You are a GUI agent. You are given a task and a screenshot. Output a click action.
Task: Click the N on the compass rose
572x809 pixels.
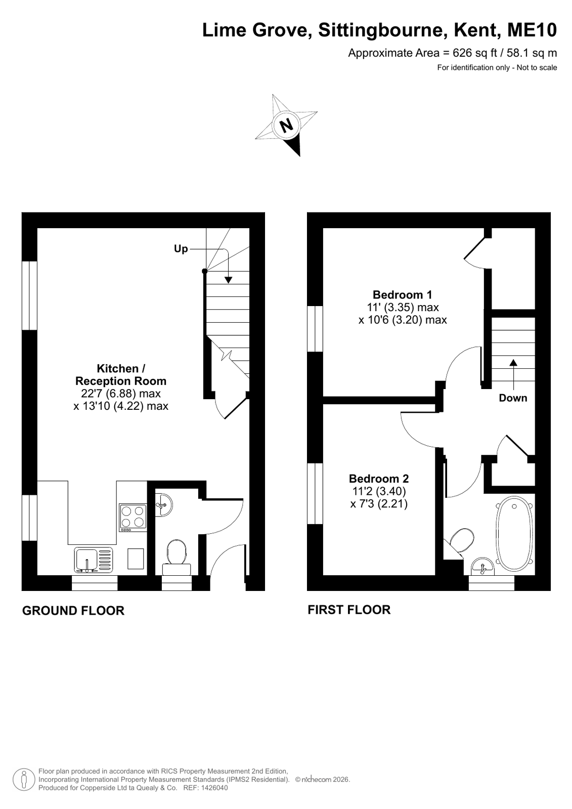point(287,125)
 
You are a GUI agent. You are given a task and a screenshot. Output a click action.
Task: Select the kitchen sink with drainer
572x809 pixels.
point(94,560)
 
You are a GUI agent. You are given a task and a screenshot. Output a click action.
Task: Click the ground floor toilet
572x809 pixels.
point(177,557)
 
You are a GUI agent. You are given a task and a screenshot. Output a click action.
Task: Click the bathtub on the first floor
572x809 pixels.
point(514,534)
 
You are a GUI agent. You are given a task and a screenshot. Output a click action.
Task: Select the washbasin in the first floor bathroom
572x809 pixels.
point(482,566)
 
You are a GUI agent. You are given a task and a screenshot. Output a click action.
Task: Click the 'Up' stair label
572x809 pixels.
point(181,249)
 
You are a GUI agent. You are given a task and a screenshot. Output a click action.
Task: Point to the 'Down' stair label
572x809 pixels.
point(513,398)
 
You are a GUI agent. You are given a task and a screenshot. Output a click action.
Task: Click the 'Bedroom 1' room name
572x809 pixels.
point(402,294)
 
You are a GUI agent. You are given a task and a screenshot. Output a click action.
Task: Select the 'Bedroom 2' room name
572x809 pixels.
point(379,479)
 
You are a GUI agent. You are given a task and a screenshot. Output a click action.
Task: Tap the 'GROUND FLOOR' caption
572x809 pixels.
point(73,610)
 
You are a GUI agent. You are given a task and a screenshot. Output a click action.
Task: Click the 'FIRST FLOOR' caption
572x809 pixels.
point(349,610)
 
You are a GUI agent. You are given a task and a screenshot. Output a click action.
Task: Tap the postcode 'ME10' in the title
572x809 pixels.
point(532,30)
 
